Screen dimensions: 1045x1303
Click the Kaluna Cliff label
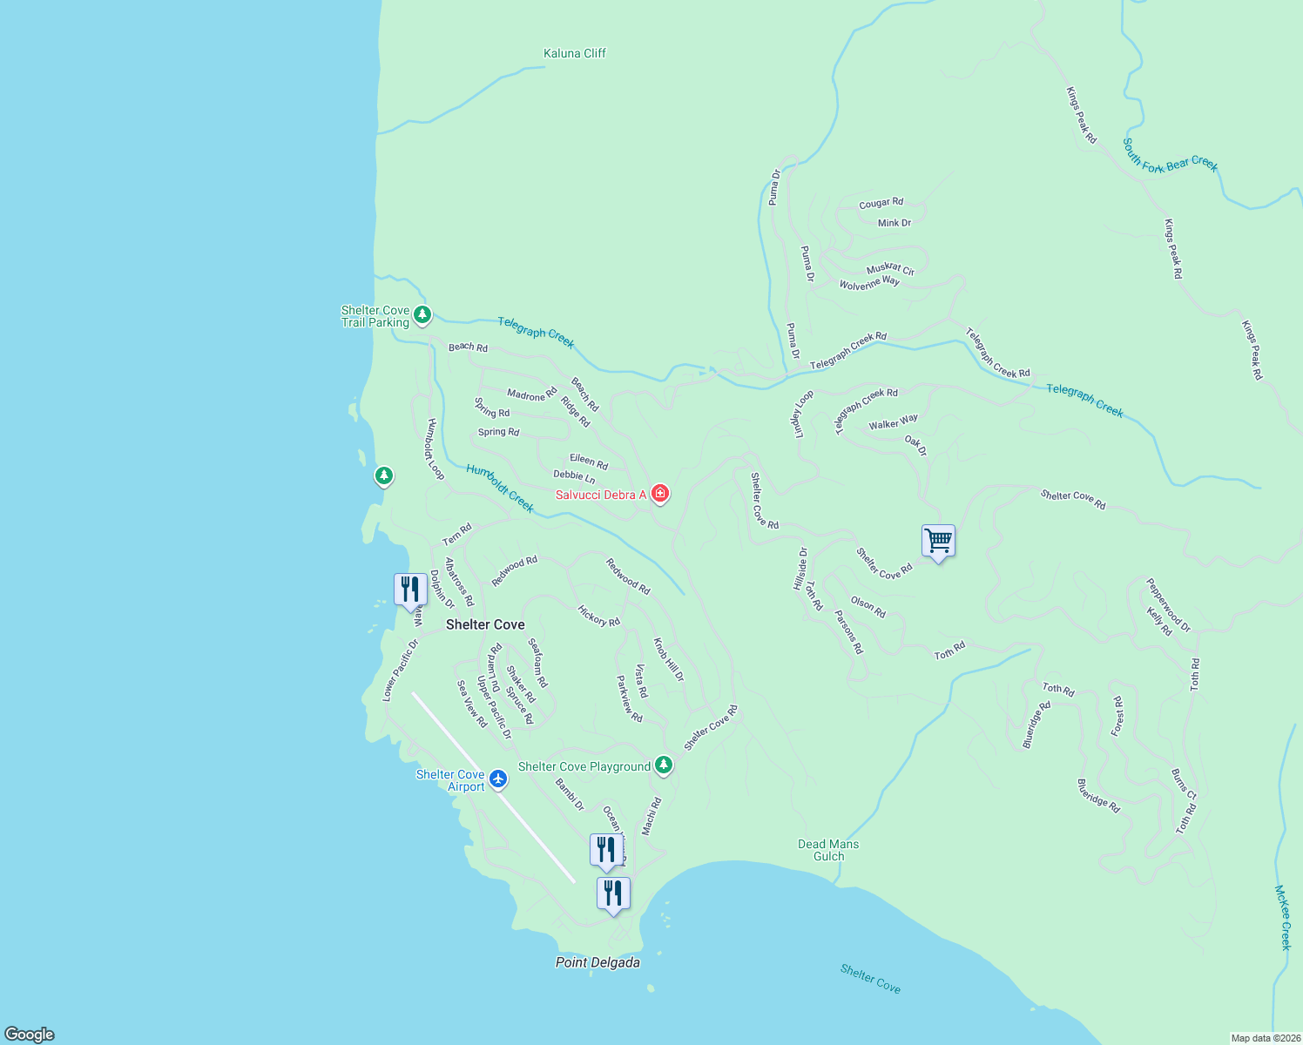[574, 53]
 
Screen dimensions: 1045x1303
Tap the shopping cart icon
[938, 541]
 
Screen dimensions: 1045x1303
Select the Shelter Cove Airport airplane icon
[498, 779]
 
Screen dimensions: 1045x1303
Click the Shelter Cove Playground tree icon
[664, 765]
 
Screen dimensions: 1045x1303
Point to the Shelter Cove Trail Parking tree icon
[422, 314]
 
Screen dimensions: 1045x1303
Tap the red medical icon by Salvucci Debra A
[660, 495]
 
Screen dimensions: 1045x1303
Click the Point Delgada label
[597, 962]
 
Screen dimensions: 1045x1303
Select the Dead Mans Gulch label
[828, 850]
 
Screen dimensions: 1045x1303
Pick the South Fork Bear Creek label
[1170, 155]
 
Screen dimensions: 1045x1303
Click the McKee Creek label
[1284, 917]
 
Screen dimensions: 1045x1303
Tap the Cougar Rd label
[881, 204]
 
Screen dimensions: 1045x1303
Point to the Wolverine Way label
[869, 283]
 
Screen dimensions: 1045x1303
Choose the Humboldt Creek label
[500, 489]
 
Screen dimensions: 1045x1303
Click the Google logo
[29, 1035]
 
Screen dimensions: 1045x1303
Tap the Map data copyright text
[1265, 1038]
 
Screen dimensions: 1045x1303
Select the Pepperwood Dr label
[1168, 605]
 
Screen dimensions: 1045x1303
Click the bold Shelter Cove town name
[485, 624]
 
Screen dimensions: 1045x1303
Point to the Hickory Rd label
[598, 616]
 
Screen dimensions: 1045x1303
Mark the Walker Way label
[893, 423]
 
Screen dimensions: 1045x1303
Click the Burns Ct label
[1184, 784]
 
